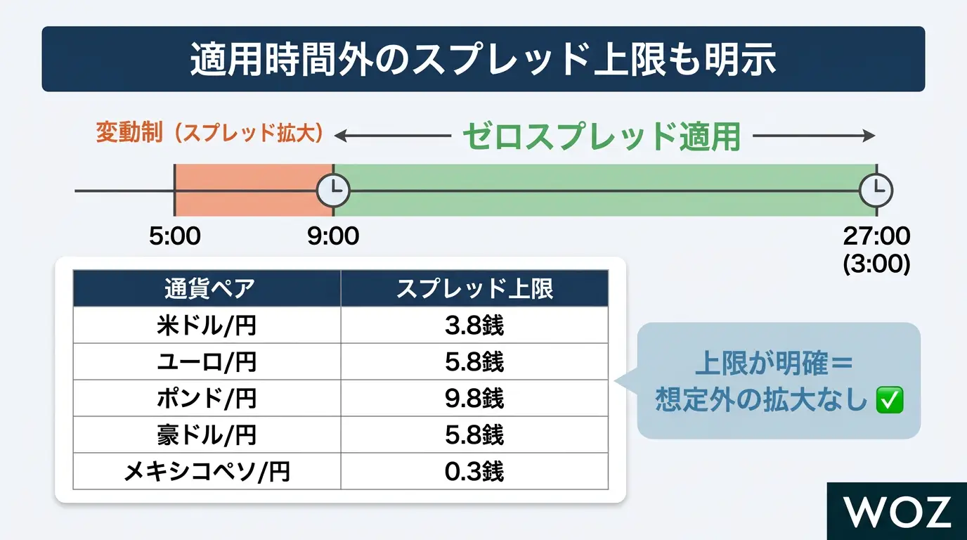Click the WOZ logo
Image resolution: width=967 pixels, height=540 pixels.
897,511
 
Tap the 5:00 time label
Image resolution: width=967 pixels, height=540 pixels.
175,236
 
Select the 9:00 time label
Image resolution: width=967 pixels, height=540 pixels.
333,236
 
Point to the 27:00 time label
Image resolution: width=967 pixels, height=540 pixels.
876,236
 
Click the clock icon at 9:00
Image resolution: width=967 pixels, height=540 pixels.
333,191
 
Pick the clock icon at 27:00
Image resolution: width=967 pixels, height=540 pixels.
876,191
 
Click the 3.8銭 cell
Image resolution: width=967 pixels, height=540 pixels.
474,326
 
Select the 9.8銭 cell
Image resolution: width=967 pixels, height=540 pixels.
474,398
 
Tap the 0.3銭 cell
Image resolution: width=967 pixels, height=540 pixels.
474,471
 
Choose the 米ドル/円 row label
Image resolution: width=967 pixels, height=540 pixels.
207,326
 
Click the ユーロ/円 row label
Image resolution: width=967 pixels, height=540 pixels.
207,362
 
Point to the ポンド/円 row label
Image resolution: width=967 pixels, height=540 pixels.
207,398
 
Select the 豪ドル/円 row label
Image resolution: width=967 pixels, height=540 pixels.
207,435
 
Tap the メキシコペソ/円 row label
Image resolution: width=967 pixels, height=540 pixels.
207,471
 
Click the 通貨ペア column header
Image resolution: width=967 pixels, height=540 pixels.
209,288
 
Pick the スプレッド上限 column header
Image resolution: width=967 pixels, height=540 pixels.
474,288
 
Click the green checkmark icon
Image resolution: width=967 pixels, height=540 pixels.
890,399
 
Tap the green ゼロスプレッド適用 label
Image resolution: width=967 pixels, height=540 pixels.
602,136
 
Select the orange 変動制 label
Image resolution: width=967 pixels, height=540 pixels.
129,132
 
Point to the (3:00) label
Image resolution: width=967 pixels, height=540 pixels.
876,264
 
